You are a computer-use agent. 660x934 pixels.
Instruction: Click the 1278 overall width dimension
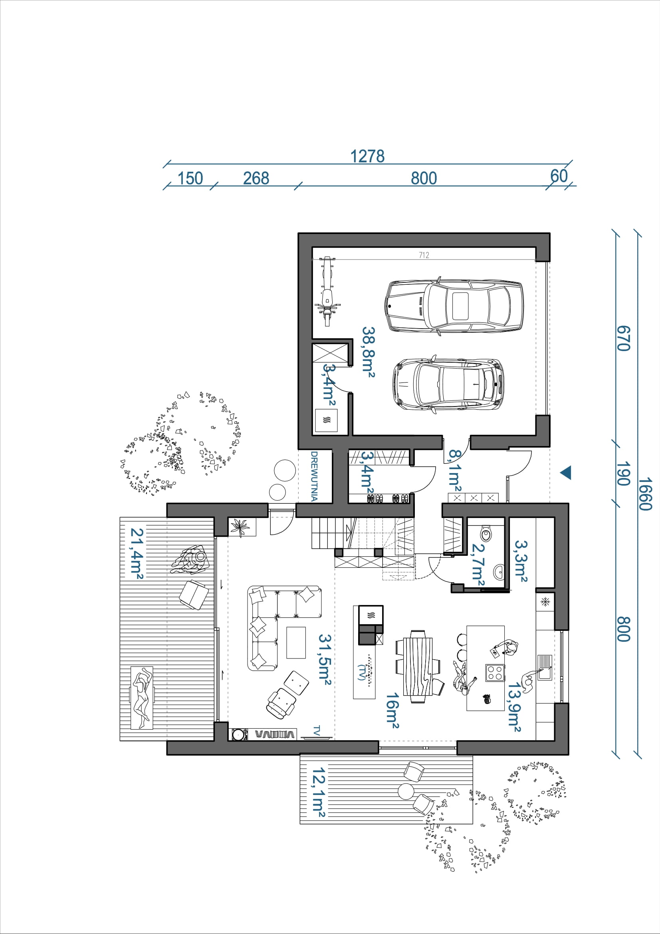tap(367, 156)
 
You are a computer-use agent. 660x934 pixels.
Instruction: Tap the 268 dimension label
tap(256, 178)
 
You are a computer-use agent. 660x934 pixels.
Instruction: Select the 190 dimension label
tap(623, 474)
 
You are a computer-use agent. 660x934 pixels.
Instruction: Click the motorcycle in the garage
tap(327, 291)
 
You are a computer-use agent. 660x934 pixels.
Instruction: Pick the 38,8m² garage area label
tap(369, 352)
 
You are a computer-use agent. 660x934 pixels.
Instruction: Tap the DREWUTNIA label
tap(314, 476)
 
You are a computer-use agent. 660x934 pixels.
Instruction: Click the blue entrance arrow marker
tap(566, 473)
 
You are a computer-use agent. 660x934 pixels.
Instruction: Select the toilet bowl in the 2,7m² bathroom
tap(486, 533)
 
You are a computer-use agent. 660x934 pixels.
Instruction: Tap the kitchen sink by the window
tap(545, 668)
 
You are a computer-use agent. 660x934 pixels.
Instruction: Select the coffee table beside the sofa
tap(295, 642)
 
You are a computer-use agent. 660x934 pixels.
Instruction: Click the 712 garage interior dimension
tap(424, 255)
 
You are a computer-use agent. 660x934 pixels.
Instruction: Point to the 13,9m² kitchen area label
tap(514, 707)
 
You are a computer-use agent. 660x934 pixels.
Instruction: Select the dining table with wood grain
tap(418, 666)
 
